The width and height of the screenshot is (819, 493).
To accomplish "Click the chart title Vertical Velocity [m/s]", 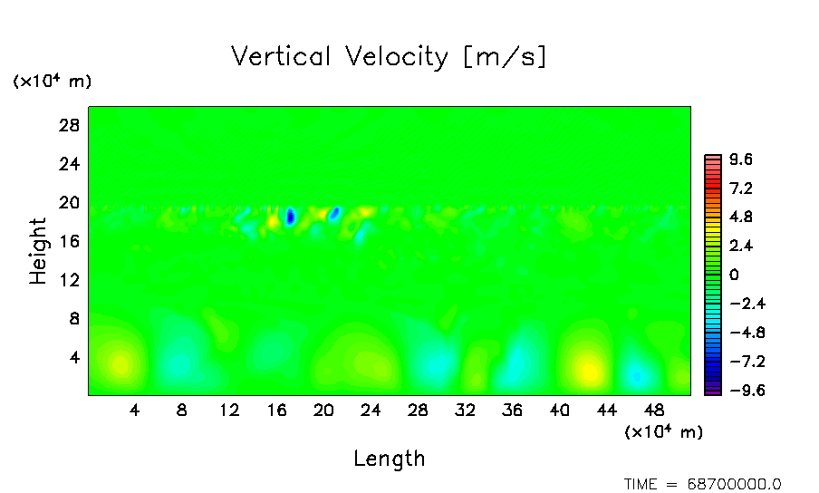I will pos(389,56).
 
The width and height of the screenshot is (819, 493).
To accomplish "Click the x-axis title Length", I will pos(389,458).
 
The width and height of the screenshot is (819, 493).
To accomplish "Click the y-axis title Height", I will pos(38,251).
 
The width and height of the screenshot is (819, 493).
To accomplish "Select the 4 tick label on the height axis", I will pos(75,357).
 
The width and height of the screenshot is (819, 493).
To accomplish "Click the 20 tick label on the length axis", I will pos(323,410).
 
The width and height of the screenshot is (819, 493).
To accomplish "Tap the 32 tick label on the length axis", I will pos(465,410).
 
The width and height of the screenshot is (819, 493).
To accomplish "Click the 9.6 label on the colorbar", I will pos(742,160).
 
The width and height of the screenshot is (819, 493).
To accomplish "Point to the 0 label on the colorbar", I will pos(735,275).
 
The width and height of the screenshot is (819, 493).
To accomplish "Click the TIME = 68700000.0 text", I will pos(702,484).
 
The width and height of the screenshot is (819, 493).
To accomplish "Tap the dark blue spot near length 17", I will pos(290,217).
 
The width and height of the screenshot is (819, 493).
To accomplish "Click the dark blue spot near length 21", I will pos(334,213).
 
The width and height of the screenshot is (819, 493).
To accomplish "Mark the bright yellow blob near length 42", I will pos(589,370).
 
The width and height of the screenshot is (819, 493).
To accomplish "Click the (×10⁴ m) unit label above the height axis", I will pos(52,81).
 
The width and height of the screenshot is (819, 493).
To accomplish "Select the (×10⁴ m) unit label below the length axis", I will pos(663,431).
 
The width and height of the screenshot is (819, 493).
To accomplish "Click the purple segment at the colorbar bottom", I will pos(713,391).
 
